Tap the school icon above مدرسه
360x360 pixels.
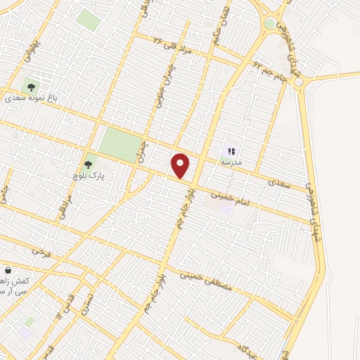point(232,150)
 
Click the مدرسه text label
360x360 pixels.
point(232,162)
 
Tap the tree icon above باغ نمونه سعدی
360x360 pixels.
point(30,87)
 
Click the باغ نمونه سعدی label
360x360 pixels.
point(31,99)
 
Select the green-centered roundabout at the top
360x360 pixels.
point(270,24)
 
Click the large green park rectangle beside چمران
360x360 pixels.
point(119,145)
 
